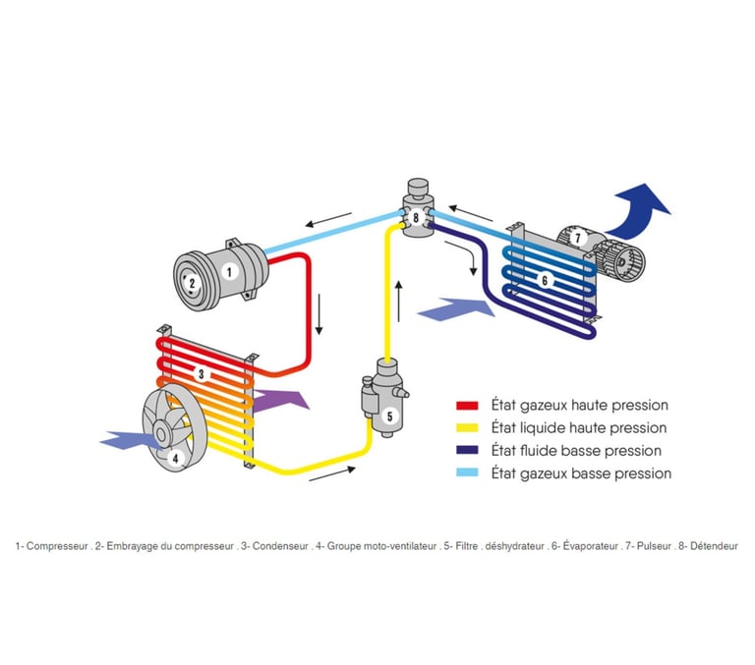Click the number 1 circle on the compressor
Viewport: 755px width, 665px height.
pos(229,270)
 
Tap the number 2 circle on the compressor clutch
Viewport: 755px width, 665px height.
pos(192,283)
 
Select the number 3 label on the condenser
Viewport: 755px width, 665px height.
pos(201,374)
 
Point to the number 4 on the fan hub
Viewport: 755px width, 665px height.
pos(175,457)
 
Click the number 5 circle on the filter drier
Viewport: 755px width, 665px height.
pos(389,416)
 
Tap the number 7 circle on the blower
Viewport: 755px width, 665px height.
pos(579,237)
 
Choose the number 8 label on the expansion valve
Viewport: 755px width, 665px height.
pos(416,216)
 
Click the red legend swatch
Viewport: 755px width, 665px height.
pos(467,406)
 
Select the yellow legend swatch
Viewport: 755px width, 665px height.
pos(467,428)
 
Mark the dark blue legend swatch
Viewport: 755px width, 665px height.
pos(467,451)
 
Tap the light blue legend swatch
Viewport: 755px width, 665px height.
pos(467,473)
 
